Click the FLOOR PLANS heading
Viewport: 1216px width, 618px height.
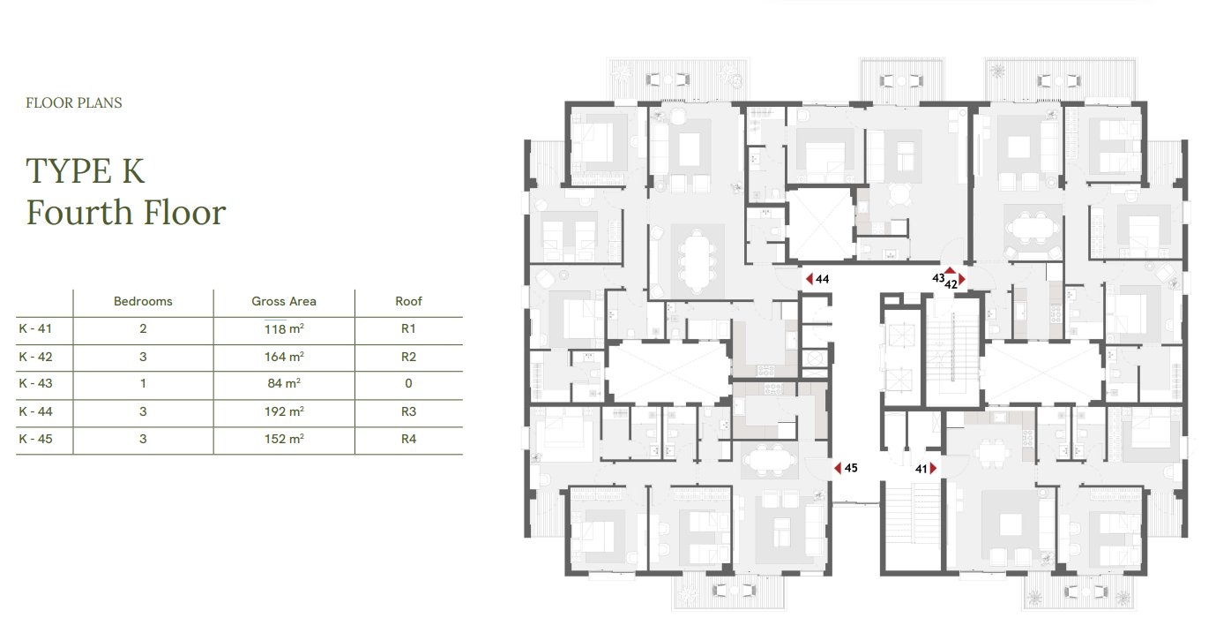point(74,102)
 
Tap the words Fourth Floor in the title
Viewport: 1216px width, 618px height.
point(126,213)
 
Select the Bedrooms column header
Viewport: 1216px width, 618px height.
point(143,301)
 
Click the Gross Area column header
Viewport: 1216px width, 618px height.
point(283,301)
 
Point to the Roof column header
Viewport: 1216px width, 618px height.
point(408,301)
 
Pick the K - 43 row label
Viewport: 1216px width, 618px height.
point(36,383)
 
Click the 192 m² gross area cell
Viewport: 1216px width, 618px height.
point(284,411)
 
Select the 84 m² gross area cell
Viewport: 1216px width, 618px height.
point(284,383)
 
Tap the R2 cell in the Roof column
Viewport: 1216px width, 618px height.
point(408,357)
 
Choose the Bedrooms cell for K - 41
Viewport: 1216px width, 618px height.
point(143,328)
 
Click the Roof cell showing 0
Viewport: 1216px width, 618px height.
point(408,383)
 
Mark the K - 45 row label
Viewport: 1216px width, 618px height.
point(36,439)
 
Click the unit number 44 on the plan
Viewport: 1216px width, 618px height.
point(823,279)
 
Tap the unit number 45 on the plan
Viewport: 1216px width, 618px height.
point(851,467)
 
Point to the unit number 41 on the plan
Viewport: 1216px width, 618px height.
point(921,469)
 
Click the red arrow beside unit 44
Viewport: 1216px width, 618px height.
point(809,279)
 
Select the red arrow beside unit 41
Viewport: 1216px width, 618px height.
point(933,468)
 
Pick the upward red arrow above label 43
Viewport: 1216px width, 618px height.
point(950,270)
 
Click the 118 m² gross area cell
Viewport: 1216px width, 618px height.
point(284,328)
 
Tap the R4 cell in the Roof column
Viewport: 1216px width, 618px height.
point(408,439)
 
